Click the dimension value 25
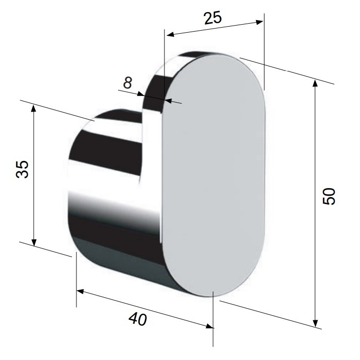click(x=213, y=18)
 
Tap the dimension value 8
click(x=128, y=82)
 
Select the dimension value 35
click(x=23, y=169)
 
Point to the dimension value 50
click(x=329, y=196)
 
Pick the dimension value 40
click(x=138, y=319)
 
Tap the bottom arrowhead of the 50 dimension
click(x=315, y=323)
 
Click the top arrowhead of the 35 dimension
click(x=34, y=109)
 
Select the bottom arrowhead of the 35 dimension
click(x=34, y=242)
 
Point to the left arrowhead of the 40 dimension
click(x=80, y=292)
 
